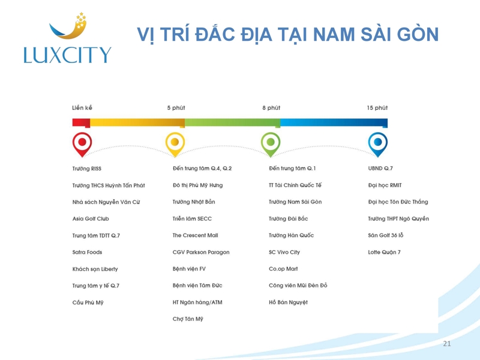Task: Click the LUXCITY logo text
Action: [x=67, y=55]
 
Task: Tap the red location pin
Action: [x=82, y=145]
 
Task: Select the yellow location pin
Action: [x=175, y=145]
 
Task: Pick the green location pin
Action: [x=271, y=145]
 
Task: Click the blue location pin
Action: [x=378, y=145]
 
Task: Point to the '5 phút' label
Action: [x=176, y=108]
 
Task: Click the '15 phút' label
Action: [x=377, y=108]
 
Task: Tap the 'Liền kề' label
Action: [x=82, y=108]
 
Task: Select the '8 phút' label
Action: [x=271, y=108]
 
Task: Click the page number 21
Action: [x=447, y=344]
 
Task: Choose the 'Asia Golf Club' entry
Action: [x=91, y=218]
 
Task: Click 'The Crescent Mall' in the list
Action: [x=196, y=235]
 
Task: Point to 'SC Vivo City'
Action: [x=284, y=252]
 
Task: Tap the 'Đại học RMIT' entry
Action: [x=385, y=185]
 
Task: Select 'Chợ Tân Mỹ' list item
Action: [x=188, y=319]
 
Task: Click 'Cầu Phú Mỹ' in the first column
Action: [x=88, y=302]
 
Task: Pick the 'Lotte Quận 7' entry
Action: [x=384, y=252]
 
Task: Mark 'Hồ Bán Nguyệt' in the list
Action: [x=289, y=302]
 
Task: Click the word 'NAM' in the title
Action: [x=334, y=34]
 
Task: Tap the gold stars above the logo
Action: [x=81, y=20]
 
